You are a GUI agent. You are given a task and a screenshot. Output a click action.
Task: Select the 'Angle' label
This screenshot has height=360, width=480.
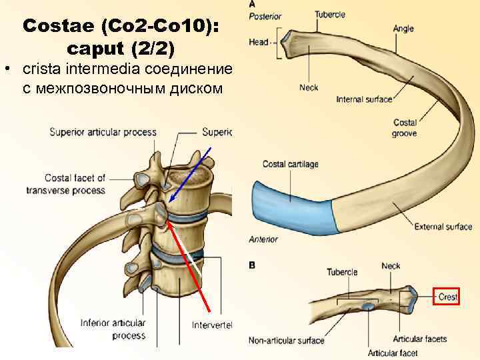click(x=403, y=29)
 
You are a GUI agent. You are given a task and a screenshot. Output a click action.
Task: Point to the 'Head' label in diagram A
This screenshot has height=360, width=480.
click(x=259, y=41)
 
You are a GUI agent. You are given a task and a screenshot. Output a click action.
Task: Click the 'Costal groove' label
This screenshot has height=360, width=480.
click(x=405, y=128)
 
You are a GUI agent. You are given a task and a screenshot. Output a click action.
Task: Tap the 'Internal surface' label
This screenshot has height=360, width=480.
click(x=364, y=99)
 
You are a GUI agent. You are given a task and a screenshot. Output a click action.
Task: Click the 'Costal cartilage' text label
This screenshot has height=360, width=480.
click(x=291, y=164)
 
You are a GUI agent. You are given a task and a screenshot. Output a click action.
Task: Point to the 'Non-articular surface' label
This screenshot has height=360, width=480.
click(x=286, y=341)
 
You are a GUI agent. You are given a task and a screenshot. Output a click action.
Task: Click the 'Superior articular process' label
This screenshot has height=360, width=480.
click(x=103, y=132)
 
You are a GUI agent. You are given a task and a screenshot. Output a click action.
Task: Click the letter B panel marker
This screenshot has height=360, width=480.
click(x=252, y=265)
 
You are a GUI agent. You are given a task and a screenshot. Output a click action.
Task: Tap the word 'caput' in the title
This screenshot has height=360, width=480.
click(x=97, y=49)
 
